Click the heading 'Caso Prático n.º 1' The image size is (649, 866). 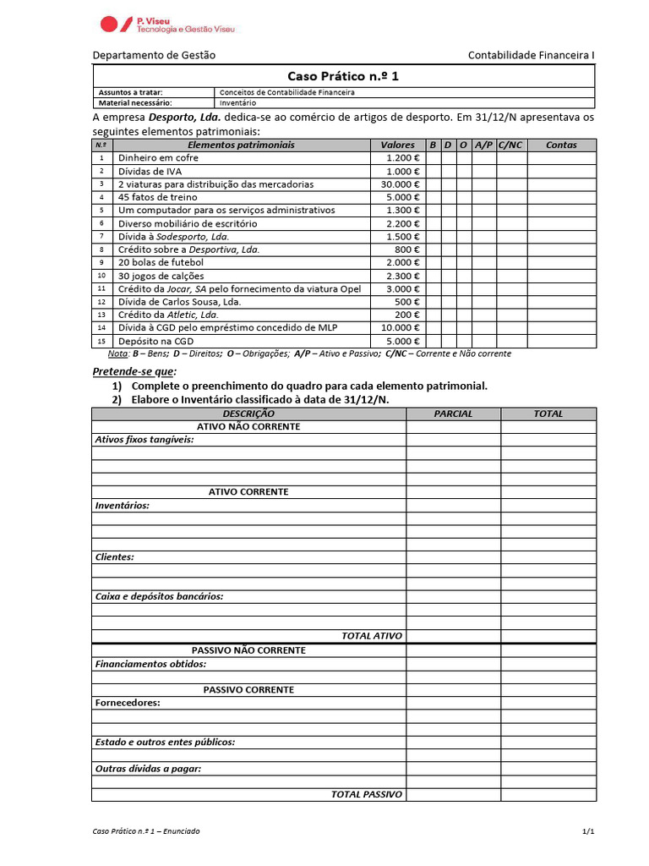coord(343,76)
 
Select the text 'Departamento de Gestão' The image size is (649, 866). coord(154,55)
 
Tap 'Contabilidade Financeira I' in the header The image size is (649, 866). coord(532,55)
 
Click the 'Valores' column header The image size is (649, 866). coord(397,145)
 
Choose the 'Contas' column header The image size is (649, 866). coord(561,145)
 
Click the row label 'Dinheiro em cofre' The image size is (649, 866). coord(158,158)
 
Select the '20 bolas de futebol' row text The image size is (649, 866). coord(161,262)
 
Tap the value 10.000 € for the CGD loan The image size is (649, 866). coord(400,327)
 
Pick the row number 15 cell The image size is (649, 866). coord(101,341)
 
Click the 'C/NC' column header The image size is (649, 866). coord(511,145)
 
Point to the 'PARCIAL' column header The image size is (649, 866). coord(453,414)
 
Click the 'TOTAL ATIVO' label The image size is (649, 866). coord(372,636)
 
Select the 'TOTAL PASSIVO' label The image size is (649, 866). coord(367,794)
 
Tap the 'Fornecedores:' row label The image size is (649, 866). coord(127,703)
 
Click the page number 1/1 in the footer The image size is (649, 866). coord(588,831)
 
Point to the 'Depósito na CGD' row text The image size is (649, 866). coord(155,341)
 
